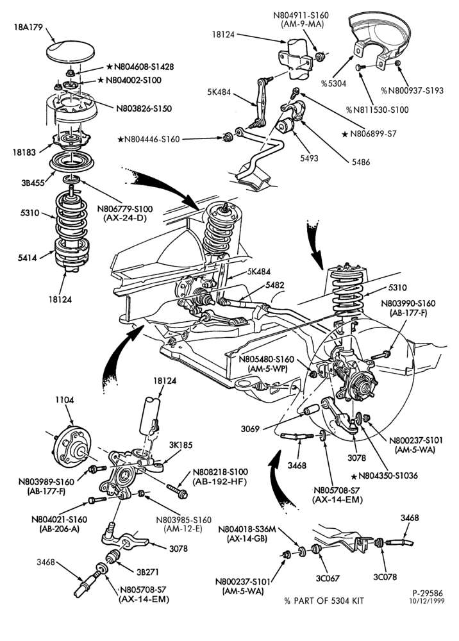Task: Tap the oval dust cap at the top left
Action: [x=71, y=51]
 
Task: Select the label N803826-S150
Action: [x=144, y=109]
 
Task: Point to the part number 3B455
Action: [x=33, y=183]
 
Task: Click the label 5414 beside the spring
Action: [x=28, y=258]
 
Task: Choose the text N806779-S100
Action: [x=124, y=210]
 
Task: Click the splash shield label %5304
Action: [x=333, y=84]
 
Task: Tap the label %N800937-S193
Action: [x=412, y=91]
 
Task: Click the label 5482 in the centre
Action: [x=274, y=285]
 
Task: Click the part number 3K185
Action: [x=180, y=445]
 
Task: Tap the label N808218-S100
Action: [x=220, y=472]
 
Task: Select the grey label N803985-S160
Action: [x=183, y=520]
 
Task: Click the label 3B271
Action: [x=147, y=572]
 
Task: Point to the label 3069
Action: [x=250, y=429]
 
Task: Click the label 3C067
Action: [x=328, y=578]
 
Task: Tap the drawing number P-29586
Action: [x=427, y=593]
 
